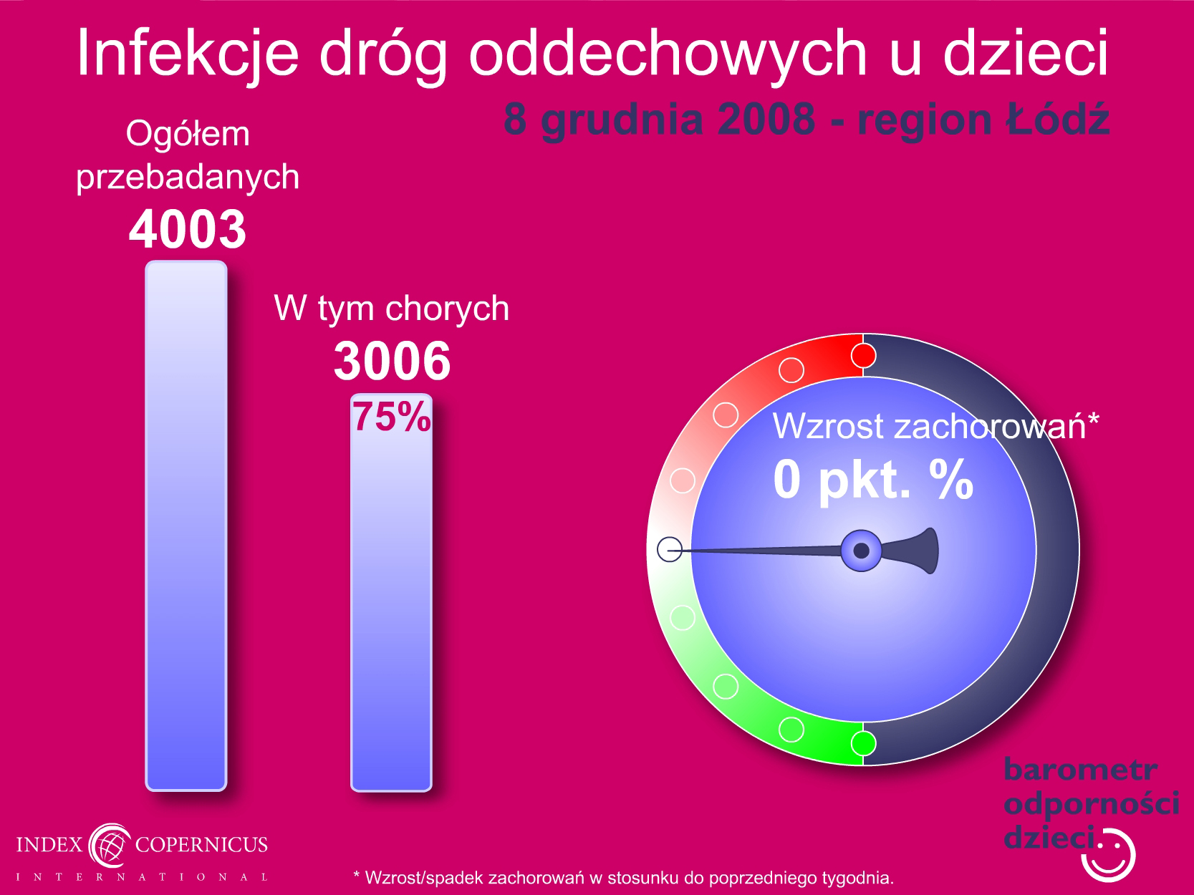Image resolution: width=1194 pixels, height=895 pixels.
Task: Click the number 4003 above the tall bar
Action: tap(187, 229)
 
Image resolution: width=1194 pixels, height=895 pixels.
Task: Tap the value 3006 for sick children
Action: tap(392, 360)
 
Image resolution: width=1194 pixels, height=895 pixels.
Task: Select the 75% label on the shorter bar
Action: tap(392, 417)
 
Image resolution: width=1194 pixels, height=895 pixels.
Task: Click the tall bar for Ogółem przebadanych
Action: tap(186, 526)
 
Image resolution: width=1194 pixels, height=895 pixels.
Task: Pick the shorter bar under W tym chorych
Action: tap(392, 592)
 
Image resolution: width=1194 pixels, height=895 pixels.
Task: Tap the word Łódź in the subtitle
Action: tap(1057, 117)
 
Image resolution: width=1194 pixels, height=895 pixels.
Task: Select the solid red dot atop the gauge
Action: tap(863, 356)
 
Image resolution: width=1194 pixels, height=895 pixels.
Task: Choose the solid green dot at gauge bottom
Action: tap(863, 743)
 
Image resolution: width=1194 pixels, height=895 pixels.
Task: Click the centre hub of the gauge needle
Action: tap(861, 551)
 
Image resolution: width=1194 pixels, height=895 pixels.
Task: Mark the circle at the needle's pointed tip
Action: tap(670, 549)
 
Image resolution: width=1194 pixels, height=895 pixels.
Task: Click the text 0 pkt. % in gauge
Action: tap(873, 479)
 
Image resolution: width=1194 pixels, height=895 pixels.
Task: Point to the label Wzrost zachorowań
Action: tap(935, 426)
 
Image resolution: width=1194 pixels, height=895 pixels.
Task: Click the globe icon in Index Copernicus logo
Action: tap(110, 845)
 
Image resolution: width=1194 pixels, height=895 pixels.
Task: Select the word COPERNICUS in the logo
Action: tap(201, 844)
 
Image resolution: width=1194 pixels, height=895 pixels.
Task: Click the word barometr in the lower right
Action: tap(1080, 770)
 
